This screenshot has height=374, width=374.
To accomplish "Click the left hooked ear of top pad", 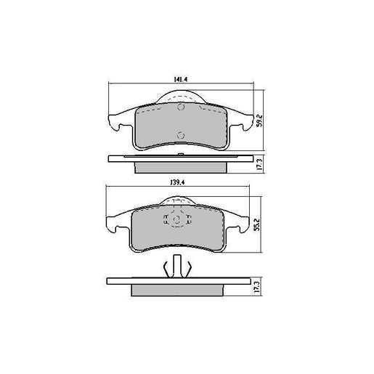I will point(115,123).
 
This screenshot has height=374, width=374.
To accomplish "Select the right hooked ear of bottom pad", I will point(240,225).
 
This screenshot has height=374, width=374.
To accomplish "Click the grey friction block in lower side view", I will point(178,290).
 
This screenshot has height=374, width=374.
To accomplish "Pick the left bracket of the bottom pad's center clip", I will point(167,219).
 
